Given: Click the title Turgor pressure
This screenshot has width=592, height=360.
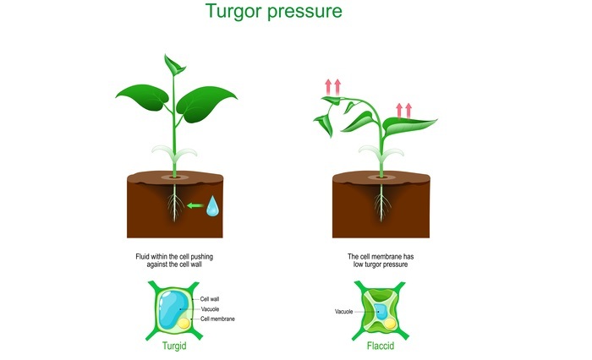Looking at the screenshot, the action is pos(274,11).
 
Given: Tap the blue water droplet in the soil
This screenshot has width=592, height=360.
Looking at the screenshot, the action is pos(212,206).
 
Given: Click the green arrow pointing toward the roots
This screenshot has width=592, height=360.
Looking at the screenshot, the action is pos(195,205).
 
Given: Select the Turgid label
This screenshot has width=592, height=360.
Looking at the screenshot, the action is pos(174,346).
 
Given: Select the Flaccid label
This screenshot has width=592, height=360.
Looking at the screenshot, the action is pos(381,346).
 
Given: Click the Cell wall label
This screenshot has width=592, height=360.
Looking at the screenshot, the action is pos(210,299).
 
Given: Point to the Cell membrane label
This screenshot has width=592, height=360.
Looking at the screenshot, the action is pos(217,319).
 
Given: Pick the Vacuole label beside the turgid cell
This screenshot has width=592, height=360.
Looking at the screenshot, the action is pos(210,309).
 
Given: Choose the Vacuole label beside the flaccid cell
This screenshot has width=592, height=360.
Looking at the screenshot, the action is pos(344,312).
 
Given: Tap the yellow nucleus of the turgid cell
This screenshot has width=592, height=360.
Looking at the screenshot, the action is pos(184,324).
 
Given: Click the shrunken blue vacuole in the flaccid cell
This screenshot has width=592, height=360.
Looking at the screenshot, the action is pos(381,312).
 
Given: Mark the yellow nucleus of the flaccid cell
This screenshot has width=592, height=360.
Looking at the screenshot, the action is pos(390,324).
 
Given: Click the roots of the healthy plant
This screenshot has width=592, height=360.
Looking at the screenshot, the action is pos(174,203).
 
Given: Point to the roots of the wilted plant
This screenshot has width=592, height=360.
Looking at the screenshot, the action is pos(381,203).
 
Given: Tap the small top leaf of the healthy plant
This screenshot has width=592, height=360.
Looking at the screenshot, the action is pos(173,66).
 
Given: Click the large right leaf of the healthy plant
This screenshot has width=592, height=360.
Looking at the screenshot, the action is pos(205,103).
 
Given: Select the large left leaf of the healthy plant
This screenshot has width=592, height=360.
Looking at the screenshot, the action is pos(144,97).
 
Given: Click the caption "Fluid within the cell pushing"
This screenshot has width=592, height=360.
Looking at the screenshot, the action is pos(174,257).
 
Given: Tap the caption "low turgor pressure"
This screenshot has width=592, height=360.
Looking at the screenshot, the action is pos(381,265).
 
